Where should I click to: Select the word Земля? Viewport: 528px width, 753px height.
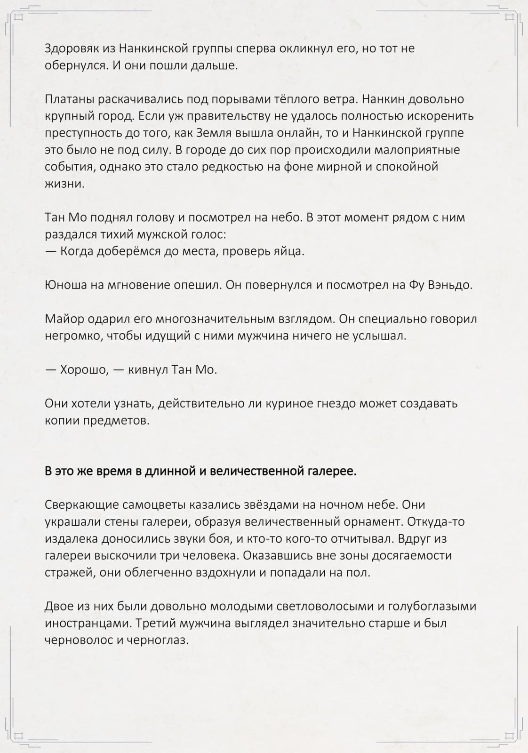coord(218,133)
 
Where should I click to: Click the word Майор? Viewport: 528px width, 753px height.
coord(65,319)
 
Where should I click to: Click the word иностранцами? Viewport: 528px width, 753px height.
coord(87,624)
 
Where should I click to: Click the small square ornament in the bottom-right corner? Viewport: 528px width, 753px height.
coord(509,735)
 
